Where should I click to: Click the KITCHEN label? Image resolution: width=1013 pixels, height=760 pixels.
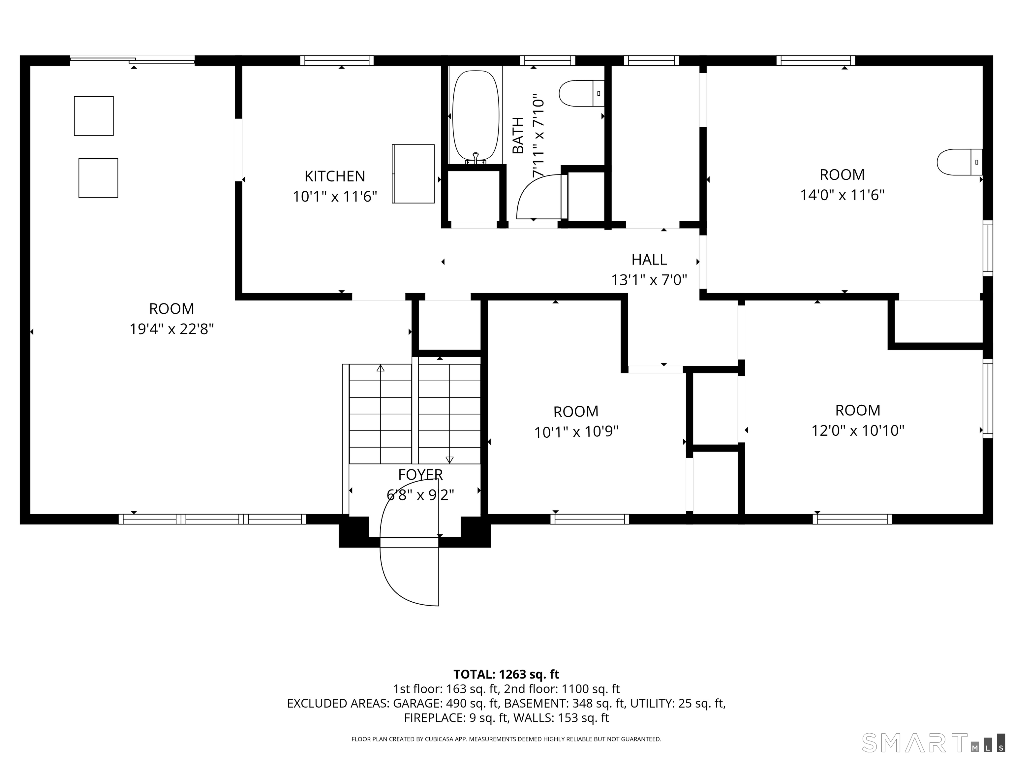point(335,176)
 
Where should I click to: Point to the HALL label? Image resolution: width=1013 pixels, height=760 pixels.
point(649,260)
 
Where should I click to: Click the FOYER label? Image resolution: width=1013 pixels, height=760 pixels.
point(420,475)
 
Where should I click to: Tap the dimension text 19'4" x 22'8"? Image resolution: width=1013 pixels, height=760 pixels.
point(172,329)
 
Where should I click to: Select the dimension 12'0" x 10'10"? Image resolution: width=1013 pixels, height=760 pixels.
point(858,430)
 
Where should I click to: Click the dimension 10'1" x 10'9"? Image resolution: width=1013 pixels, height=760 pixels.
point(576,432)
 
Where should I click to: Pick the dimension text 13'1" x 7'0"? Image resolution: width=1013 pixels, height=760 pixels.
point(649,280)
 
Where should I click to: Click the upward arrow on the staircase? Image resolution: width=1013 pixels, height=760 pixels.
point(381,415)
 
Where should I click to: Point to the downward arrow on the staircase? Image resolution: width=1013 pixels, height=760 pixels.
point(449,415)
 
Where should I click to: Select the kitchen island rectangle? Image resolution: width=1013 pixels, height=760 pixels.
point(413,174)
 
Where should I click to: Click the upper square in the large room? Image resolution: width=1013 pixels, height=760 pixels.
point(94,116)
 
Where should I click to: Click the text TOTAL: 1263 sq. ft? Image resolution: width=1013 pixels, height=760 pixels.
point(506,674)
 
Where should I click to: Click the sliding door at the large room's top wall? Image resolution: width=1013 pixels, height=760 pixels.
point(132,60)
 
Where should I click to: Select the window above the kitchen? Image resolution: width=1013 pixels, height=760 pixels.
point(337,60)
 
